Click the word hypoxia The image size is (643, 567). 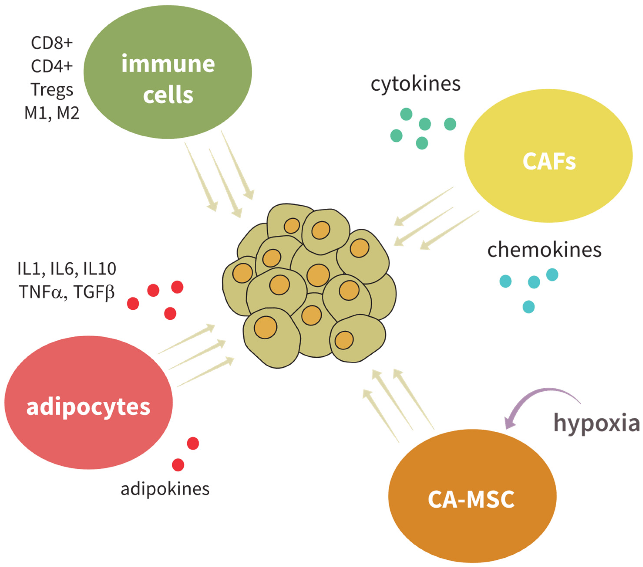point(596,423)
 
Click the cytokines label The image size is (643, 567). point(415,84)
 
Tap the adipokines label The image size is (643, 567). point(165,489)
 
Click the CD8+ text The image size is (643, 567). point(52,43)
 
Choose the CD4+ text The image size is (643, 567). point(52,66)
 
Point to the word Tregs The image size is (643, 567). point(52,90)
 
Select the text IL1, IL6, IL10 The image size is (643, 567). point(67,269)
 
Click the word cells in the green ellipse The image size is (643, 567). point(168,95)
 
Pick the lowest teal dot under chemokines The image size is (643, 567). point(529,307)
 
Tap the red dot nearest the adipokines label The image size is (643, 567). point(178,465)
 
